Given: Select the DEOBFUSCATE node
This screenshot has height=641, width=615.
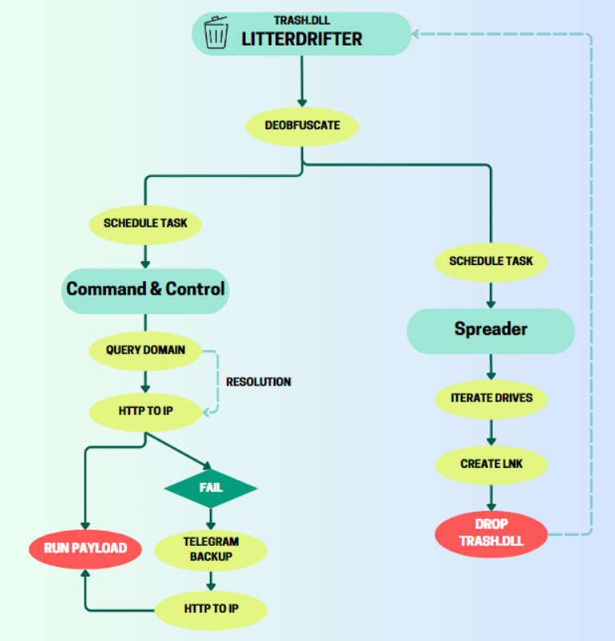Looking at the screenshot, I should (x=302, y=126).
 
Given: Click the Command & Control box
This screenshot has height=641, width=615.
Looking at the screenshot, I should (x=145, y=289).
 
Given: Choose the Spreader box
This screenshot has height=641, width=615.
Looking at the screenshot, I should (x=491, y=329).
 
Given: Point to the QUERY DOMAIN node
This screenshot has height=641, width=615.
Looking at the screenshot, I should (x=145, y=350).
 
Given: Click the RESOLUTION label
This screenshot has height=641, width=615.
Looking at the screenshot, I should (x=258, y=382).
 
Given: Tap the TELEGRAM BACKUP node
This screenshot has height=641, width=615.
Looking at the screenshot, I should (x=211, y=549).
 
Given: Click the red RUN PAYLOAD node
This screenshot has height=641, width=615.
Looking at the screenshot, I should (x=85, y=548).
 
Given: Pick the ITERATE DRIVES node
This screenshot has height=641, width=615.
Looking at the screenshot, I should (x=491, y=398).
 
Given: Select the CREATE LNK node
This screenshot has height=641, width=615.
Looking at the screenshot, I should (x=491, y=464).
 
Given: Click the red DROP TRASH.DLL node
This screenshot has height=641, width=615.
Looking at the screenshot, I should (x=491, y=532).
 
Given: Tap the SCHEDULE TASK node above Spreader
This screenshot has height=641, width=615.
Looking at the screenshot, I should (x=491, y=261).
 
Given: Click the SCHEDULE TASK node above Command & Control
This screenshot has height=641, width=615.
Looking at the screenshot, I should (x=145, y=224).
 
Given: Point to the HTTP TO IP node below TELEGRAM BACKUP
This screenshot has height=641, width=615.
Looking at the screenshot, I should (x=211, y=609).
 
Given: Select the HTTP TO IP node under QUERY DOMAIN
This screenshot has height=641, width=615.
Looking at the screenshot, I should (x=145, y=412).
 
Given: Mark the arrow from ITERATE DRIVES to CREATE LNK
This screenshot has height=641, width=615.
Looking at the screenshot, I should (x=491, y=431).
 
